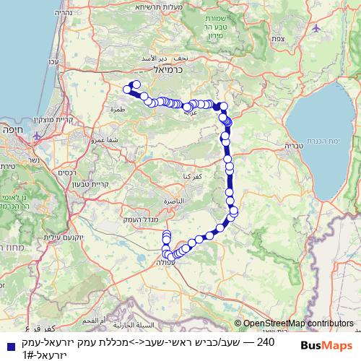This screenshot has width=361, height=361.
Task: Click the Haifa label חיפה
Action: pos(17,132)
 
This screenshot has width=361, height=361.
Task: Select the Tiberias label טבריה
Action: pos(294,145)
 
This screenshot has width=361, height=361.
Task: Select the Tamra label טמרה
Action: pos(118,110)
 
